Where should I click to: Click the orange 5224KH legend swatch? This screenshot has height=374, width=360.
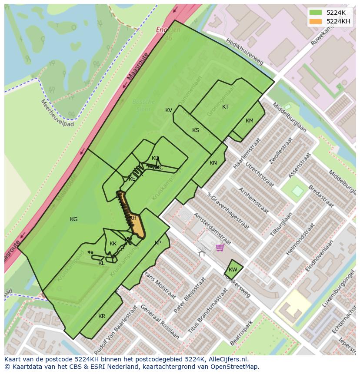(316, 21)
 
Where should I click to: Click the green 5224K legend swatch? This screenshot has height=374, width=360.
(316, 13)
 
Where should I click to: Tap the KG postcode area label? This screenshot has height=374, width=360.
(74, 219)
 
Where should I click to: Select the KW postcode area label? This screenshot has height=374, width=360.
(233, 270)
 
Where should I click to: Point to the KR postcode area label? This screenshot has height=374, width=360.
(102, 316)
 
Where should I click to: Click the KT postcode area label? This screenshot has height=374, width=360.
(225, 107)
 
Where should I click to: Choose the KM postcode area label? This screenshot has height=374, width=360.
(249, 121)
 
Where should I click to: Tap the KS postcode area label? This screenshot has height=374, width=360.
(196, 130)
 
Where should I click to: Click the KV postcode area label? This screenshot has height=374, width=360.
(169, 110)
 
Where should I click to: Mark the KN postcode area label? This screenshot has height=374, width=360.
(213, 163)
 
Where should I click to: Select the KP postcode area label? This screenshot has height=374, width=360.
(158, 243)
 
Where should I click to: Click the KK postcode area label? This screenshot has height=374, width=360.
(113, 244)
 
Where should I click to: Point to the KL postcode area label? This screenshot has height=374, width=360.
(101, 263)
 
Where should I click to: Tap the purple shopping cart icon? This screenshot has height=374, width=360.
(220, 248)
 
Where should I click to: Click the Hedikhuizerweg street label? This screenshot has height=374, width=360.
(244, 52)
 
